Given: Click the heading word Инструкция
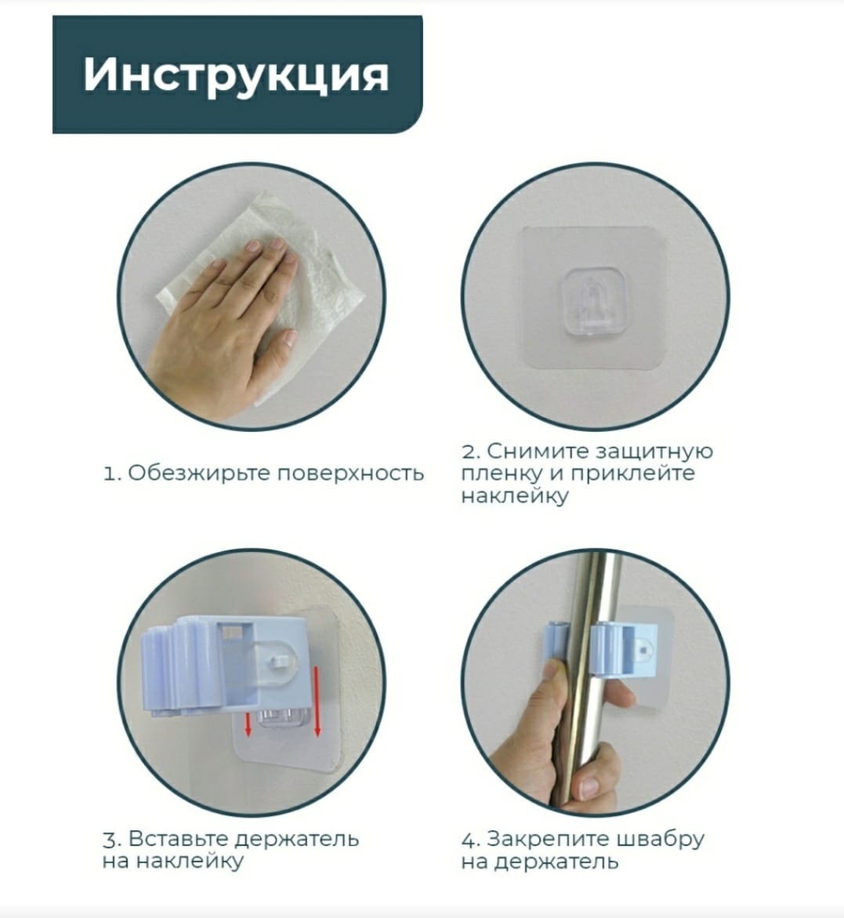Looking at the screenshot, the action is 236,75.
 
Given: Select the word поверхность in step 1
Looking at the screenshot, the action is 350,474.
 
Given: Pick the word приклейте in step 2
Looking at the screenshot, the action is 632,474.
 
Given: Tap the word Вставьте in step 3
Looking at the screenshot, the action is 179,839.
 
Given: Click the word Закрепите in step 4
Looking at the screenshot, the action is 540,839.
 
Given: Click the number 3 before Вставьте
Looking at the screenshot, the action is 109,840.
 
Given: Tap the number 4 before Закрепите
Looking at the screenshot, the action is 469,840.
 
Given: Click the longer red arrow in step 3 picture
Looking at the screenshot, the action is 318,700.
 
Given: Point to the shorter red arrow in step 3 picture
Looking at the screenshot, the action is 248,724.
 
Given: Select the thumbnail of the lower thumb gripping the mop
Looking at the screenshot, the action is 588,788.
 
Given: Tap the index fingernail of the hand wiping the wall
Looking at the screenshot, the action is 252,245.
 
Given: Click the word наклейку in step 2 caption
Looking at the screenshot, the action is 515,496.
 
